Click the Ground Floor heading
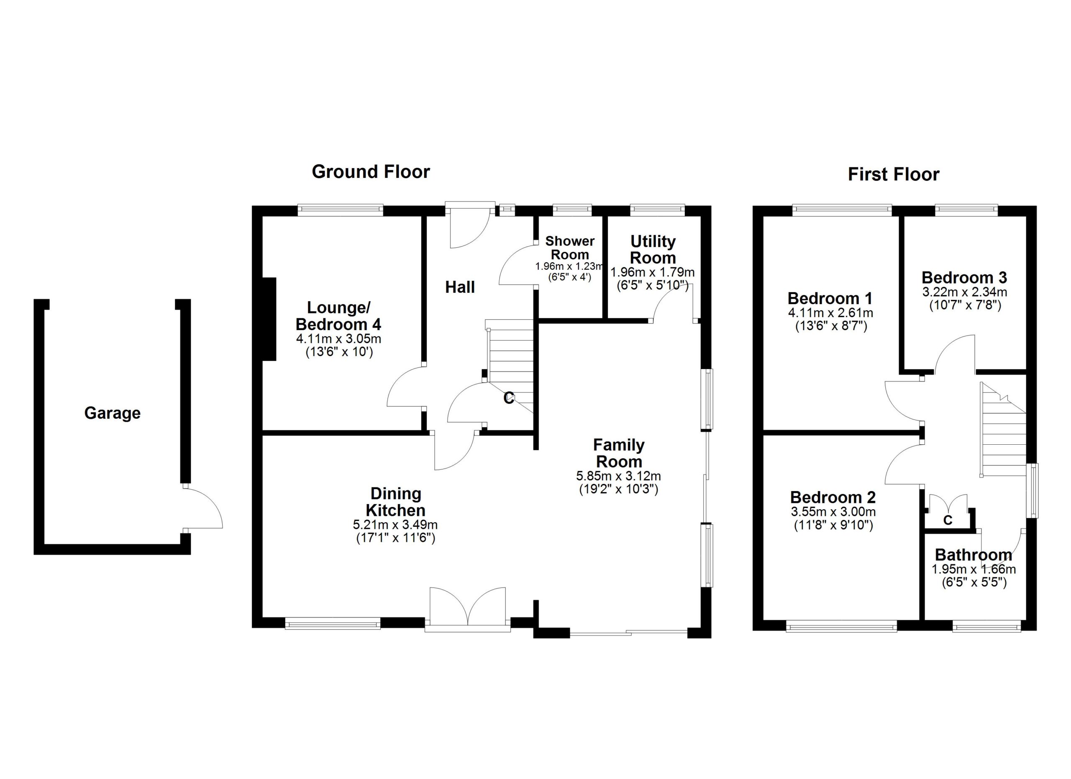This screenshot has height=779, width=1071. click(x=371, y=172)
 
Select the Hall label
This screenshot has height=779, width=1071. click(x=460, y=287)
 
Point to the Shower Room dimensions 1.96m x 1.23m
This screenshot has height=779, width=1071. click(x=569, y=266)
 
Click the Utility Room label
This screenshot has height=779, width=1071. click(x=653, y=250)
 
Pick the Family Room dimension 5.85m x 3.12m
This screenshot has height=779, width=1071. click(x=619, y=476)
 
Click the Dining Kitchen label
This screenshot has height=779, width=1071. click(x=396, y=502)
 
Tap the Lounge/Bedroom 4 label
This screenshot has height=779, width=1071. click(x=338, y=316)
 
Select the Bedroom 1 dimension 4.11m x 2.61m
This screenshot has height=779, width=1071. click(x=830, y=313)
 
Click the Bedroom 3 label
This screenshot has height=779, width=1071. click(x=964, y=278)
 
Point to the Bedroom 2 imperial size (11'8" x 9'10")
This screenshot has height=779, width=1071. click(x=833, y=525)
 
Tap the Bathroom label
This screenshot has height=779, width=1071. click(x=973, y=555)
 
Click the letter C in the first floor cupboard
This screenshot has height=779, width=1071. click(x=947, y=521)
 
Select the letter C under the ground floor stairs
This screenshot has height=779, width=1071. click(x=509, y=398)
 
